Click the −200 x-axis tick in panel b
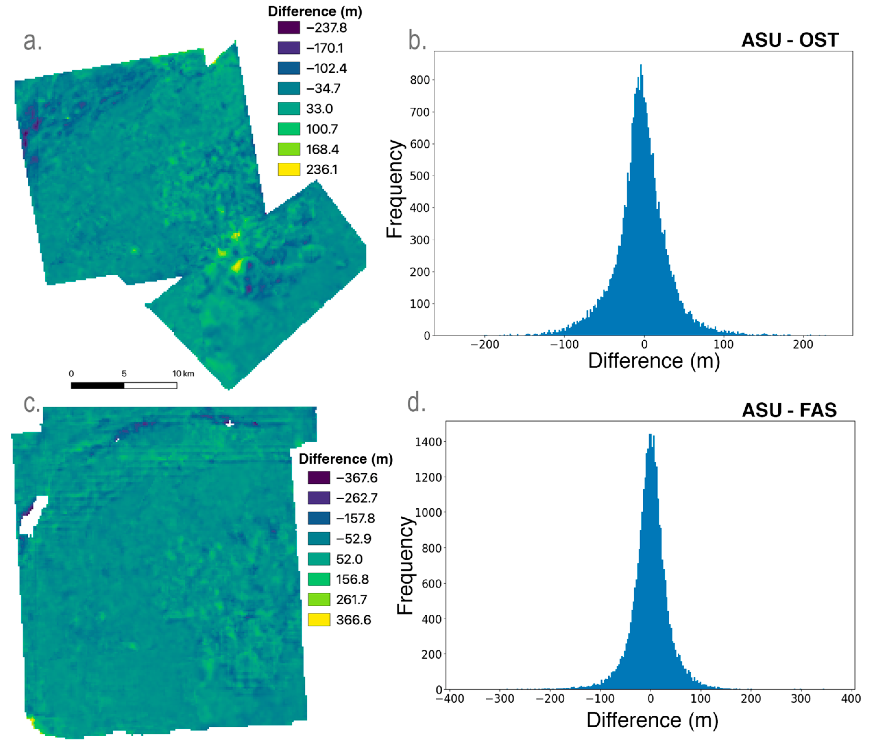[485, 345]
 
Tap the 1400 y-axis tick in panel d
[428, 442]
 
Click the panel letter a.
[33, 41]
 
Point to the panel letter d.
[416, 402]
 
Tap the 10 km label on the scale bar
[183, 374]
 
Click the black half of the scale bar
[97, 385]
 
